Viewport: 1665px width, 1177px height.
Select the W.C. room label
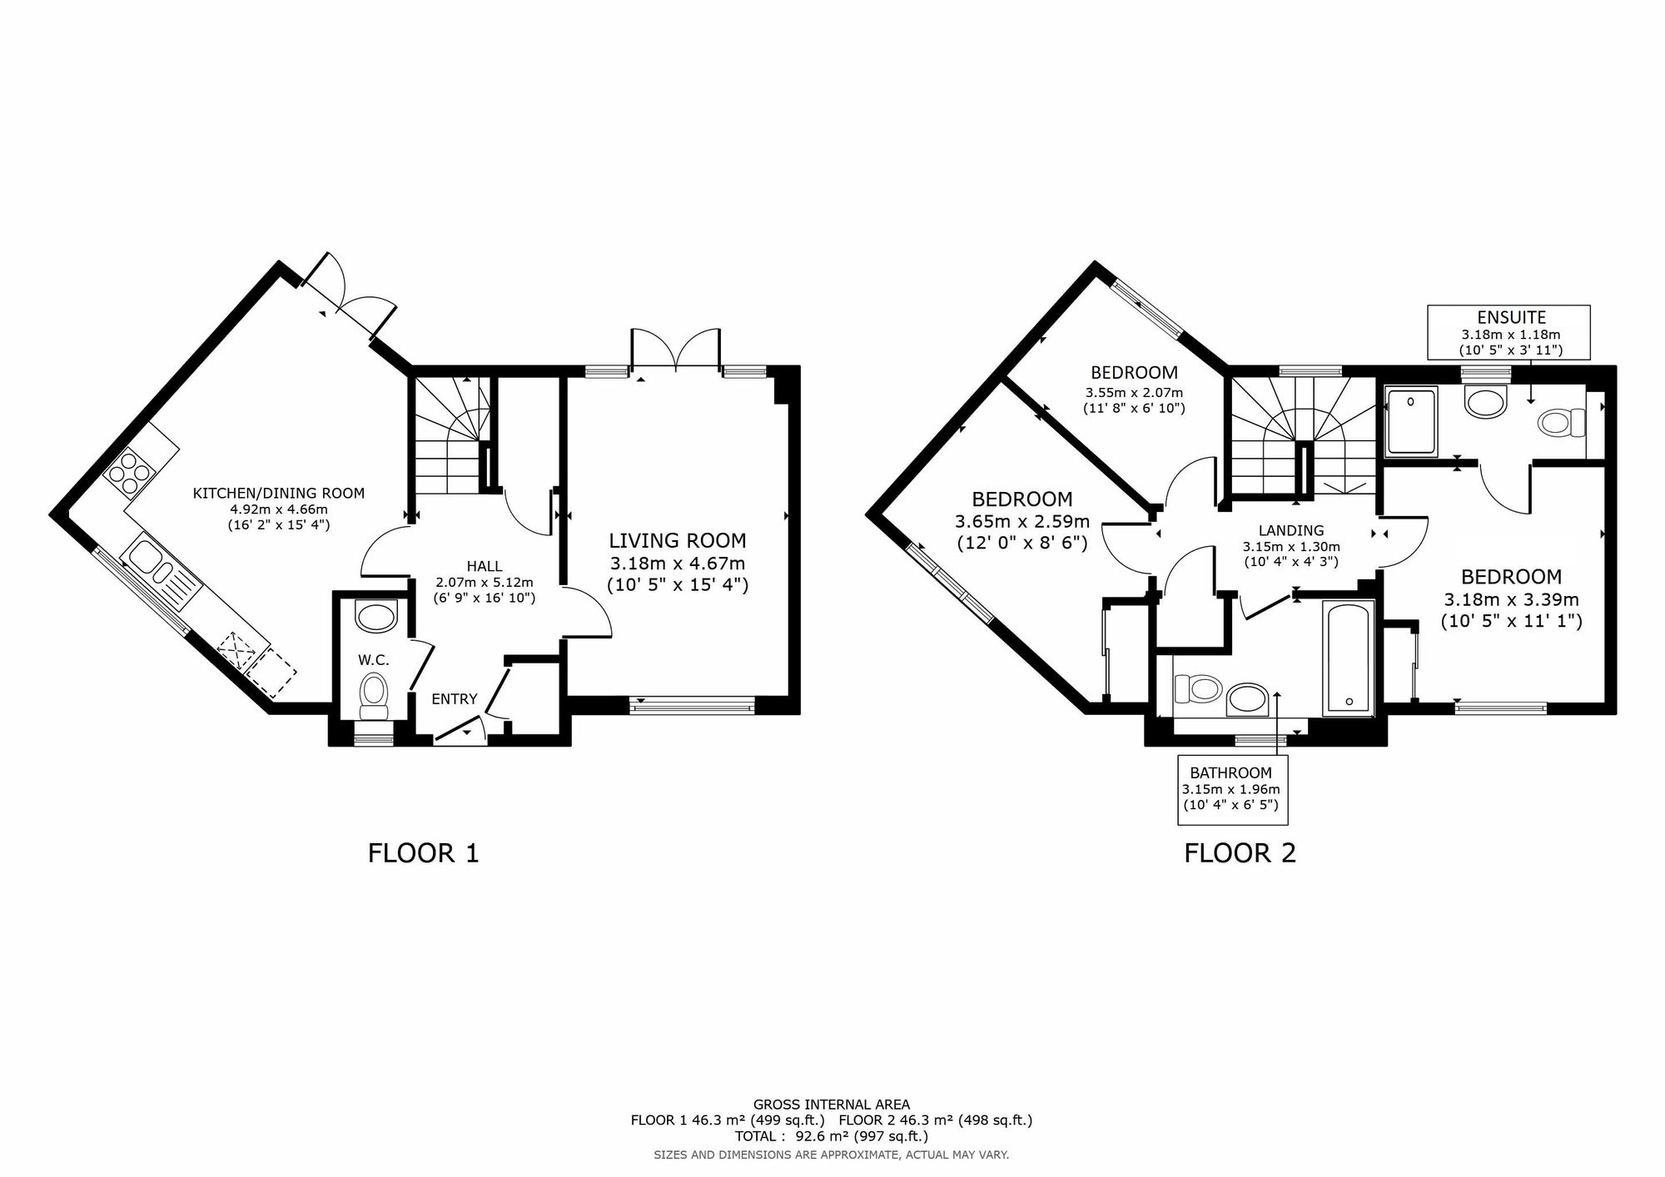[x=374, y=660]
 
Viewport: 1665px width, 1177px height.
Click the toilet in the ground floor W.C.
[x=374, y=694]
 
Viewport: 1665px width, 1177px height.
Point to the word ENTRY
[x=455, y=699]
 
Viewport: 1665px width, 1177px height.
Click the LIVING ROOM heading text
[x=677, y=541]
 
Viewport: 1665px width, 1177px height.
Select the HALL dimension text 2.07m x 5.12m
[x=484, y=583]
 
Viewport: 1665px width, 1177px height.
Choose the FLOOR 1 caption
[x=423, y=853]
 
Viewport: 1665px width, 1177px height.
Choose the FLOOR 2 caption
[x=1240, y=853]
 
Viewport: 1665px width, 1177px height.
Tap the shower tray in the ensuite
[x=1412, y=421]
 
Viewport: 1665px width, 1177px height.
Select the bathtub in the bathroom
[x=1348, y=658]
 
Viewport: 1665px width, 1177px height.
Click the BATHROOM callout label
[x=1230, y=772]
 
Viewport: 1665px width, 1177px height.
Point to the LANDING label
[x=1291, y=531]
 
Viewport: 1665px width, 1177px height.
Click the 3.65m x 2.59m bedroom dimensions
[x=1021, y=522]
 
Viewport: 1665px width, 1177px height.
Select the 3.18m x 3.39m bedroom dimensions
[x=1511, y=599]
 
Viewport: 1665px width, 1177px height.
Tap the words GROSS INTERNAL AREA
[x=831, y=1105]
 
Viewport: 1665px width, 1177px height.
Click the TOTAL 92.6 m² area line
[x=831, y=1136]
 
